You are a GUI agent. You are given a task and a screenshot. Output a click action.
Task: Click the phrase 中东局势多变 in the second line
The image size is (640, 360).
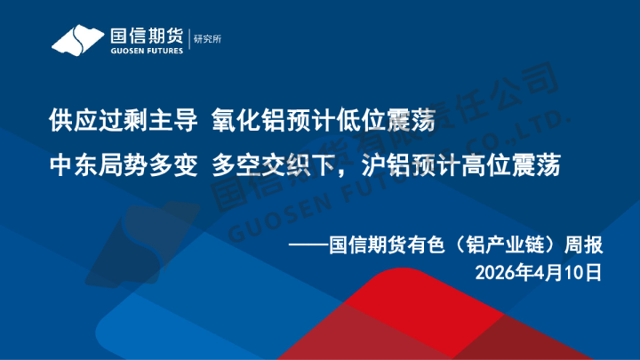point(123,165)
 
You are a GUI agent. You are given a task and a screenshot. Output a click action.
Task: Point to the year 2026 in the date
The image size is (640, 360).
point(493,270)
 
